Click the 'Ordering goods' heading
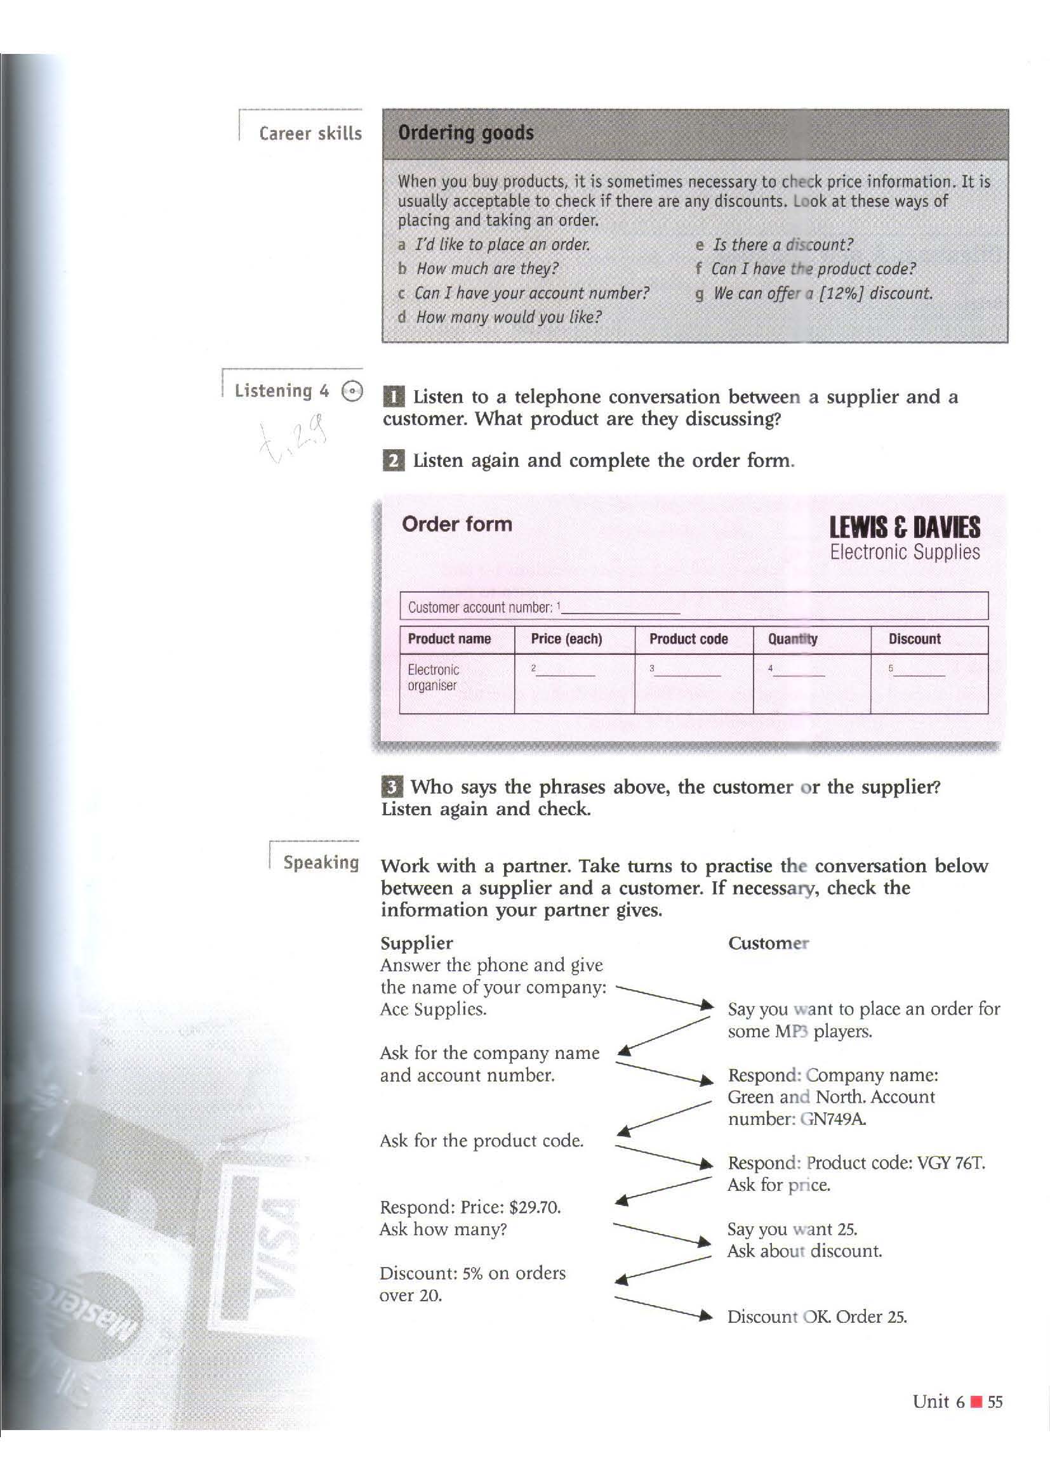(x=465, y=133)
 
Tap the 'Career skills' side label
(x=310, y=134)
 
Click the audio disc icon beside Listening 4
(x=352, y=391)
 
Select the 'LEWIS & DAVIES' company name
(x=905, y=528)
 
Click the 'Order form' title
(x=456, y=524)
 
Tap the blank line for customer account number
(x=621, y=608)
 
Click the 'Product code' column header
(x=688, y=640)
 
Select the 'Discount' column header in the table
(x=914, y=640)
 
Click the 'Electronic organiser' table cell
(x=433, y=678)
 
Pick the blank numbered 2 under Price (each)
(x=565, y=671)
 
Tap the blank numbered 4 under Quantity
(x=799, y=671)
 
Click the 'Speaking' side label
(x=321, y=863)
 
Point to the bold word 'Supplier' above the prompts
(x=416, y=943)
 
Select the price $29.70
(x=535, y=1207)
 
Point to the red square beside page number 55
(x=977, y=1402)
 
